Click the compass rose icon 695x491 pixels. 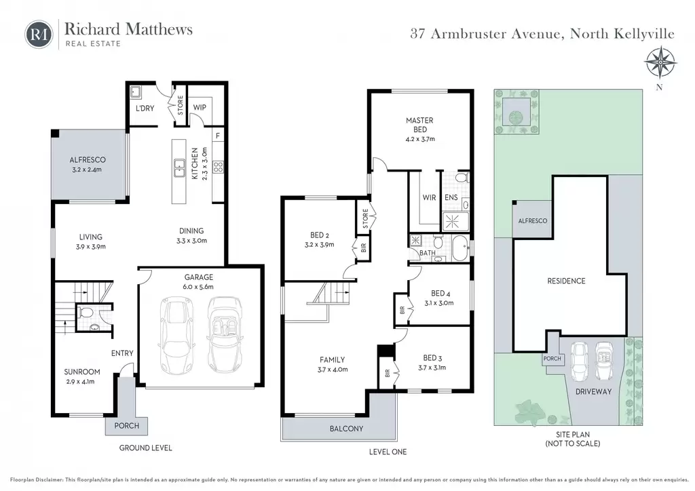point(660,63)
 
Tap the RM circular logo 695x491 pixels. point(39,34)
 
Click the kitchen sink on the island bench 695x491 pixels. point(179,168)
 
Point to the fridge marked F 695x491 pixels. point(218,136)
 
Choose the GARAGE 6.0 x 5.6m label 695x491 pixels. point(199,281)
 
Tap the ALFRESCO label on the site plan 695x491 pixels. point(533,220)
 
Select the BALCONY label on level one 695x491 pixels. point(346,429)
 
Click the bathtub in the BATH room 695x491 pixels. point(460,248)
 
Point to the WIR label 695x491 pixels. point(429,197)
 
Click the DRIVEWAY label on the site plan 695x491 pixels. point(593,391)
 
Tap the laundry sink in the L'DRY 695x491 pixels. point(136,92)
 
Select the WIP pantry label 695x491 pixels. point(200,107)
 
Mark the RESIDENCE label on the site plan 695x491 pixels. point(566,281)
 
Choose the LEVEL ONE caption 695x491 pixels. point(388,452)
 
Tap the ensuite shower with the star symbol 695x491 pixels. point(452,221)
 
